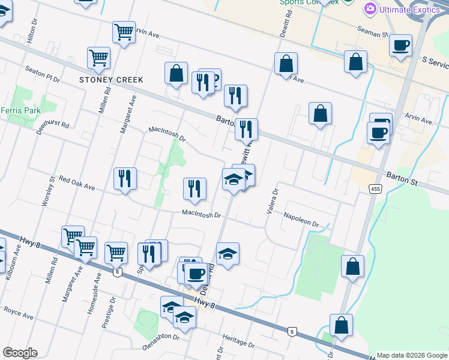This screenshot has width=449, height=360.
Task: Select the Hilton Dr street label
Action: click(34, 27)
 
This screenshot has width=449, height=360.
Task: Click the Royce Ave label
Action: click(18, 310)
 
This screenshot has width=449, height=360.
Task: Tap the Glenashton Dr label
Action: click(161, 337)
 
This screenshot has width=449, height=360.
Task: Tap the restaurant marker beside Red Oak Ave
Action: click(125, 178)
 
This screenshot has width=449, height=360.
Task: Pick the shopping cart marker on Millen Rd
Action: click(98, 58)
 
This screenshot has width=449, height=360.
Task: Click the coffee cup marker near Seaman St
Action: click(400, 45)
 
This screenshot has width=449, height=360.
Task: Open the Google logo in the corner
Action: click(20, 353)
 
